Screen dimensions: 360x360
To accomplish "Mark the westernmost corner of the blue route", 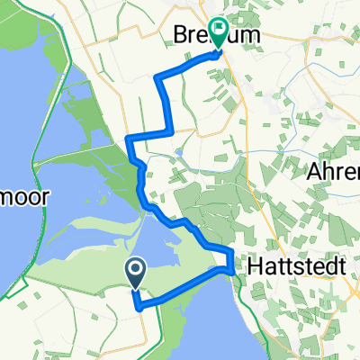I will point(128,138).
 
